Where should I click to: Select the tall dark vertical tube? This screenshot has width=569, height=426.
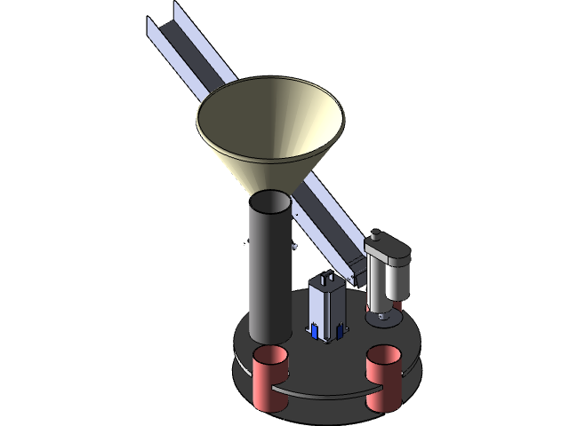[x=269, y=275]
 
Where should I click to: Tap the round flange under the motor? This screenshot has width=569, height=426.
[x=383, y=312]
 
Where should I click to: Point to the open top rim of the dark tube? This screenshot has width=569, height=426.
[x=269, y=202]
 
